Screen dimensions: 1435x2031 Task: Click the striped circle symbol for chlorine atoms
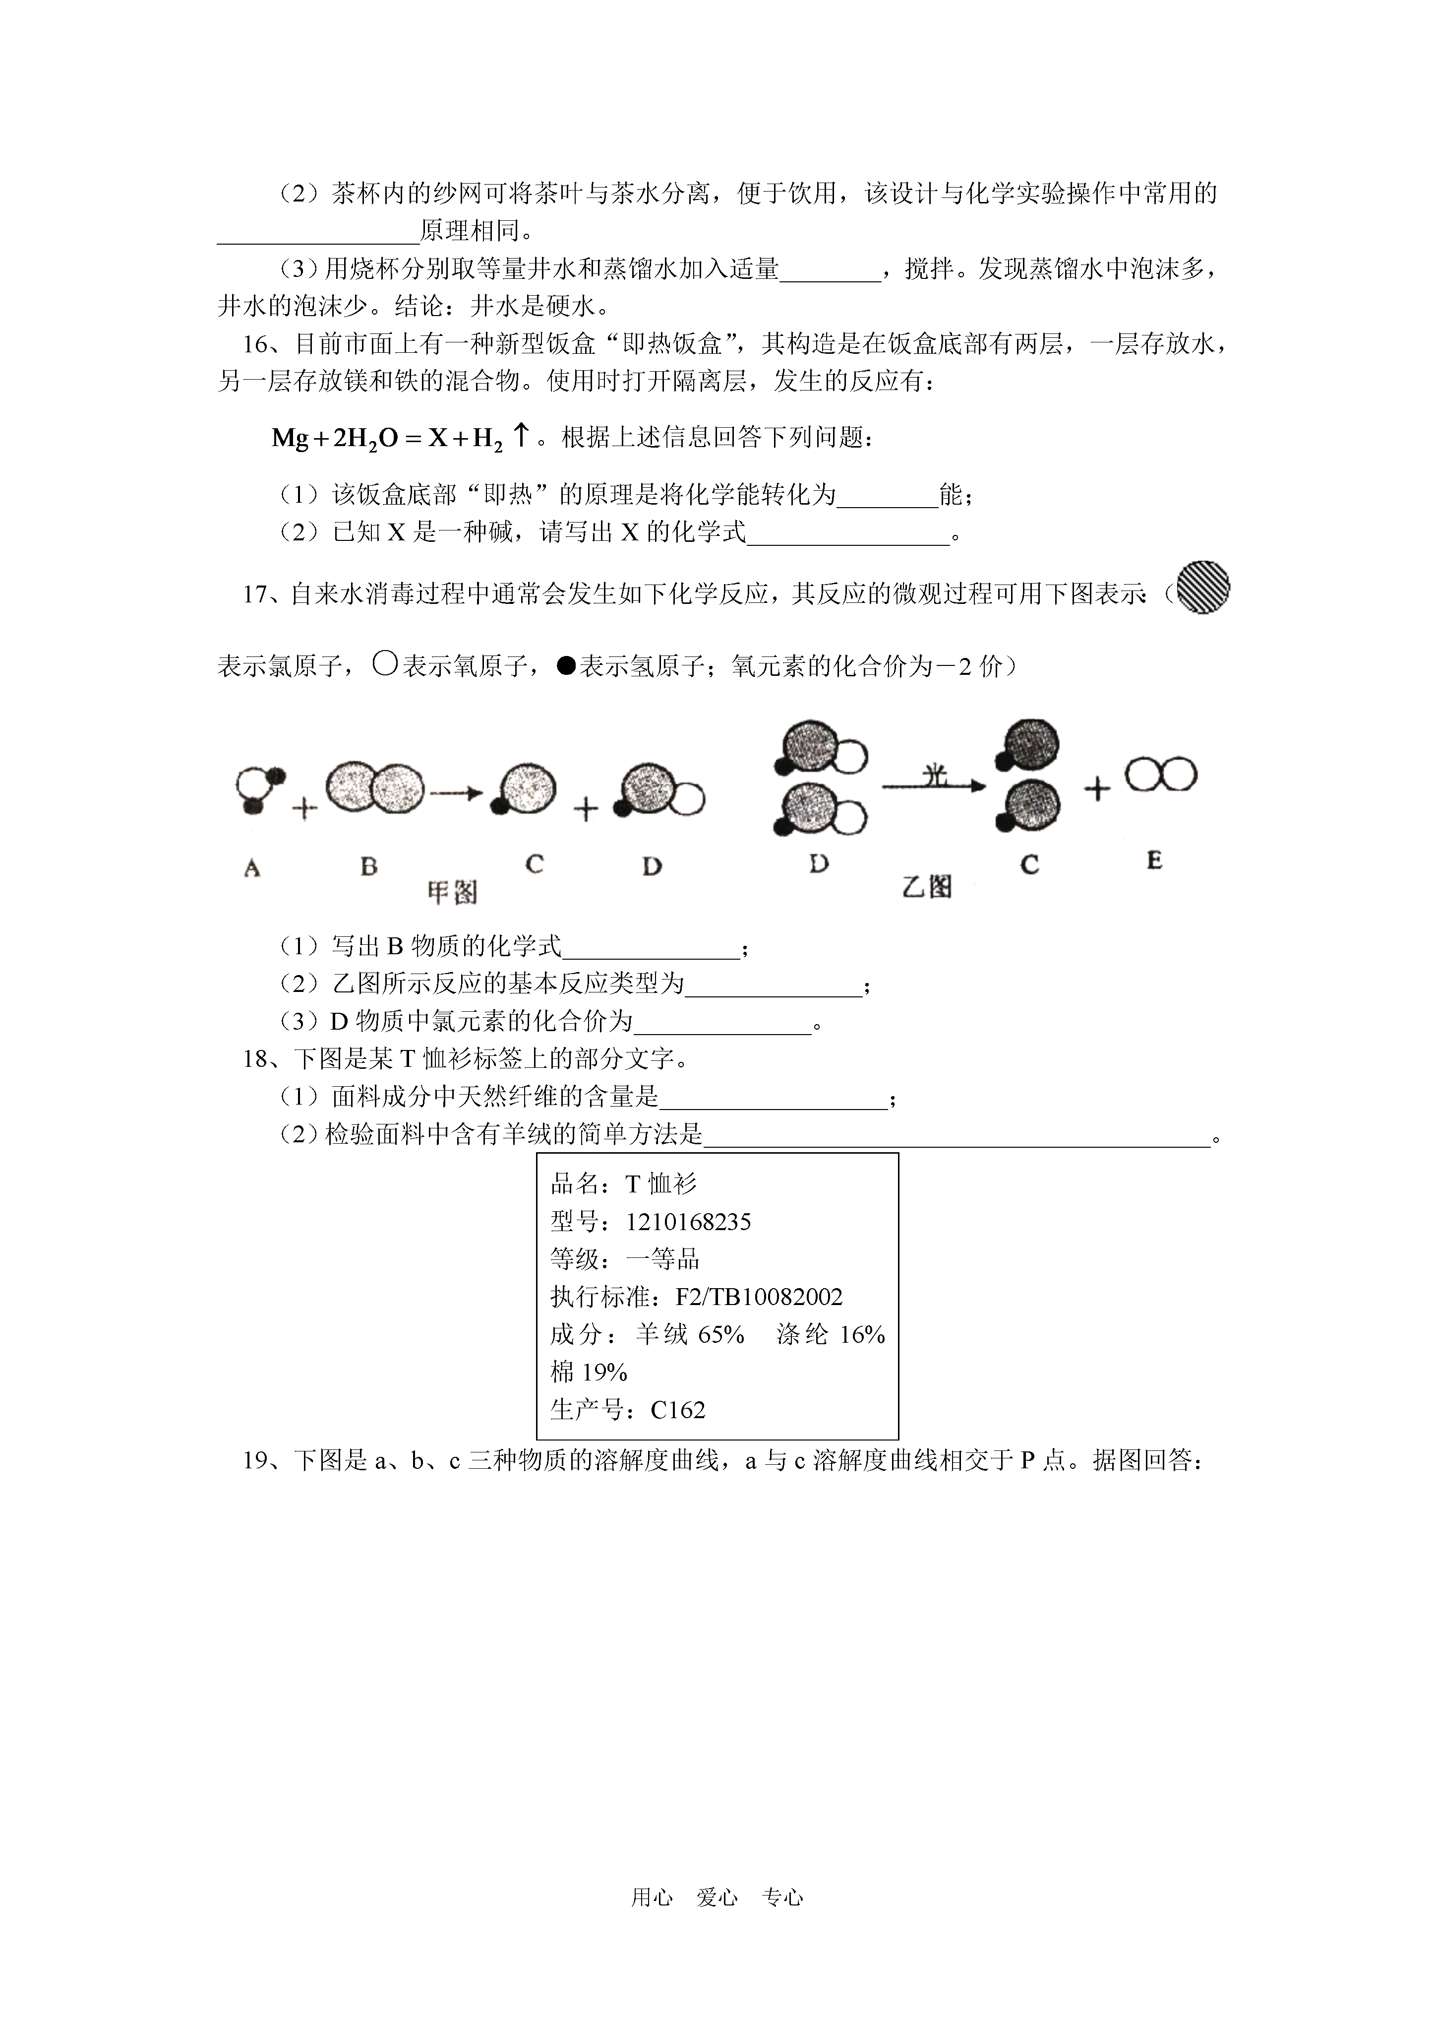[x=1203, y=588]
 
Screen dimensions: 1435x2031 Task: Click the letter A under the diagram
[x=252, y=869]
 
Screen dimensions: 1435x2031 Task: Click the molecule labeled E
[x=1161, y=775]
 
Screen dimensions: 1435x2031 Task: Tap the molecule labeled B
[x=375, y=787]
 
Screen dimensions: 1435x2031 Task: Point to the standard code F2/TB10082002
[x=759, y=1297]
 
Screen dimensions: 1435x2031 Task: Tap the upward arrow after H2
[x=522, y=434]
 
